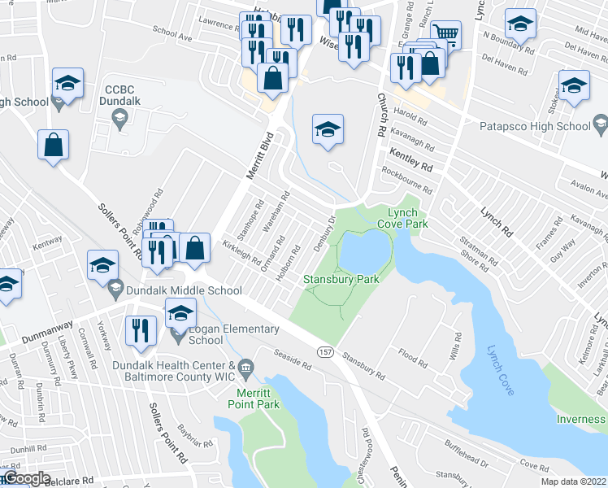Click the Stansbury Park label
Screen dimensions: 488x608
(341, 279)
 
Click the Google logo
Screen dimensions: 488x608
(26, 478)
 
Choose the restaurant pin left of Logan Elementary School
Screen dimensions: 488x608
(140, 330)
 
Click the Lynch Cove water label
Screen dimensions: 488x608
(500, 371)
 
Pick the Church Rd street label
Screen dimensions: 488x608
(380, 115)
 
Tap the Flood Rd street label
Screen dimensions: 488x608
(412, 355)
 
